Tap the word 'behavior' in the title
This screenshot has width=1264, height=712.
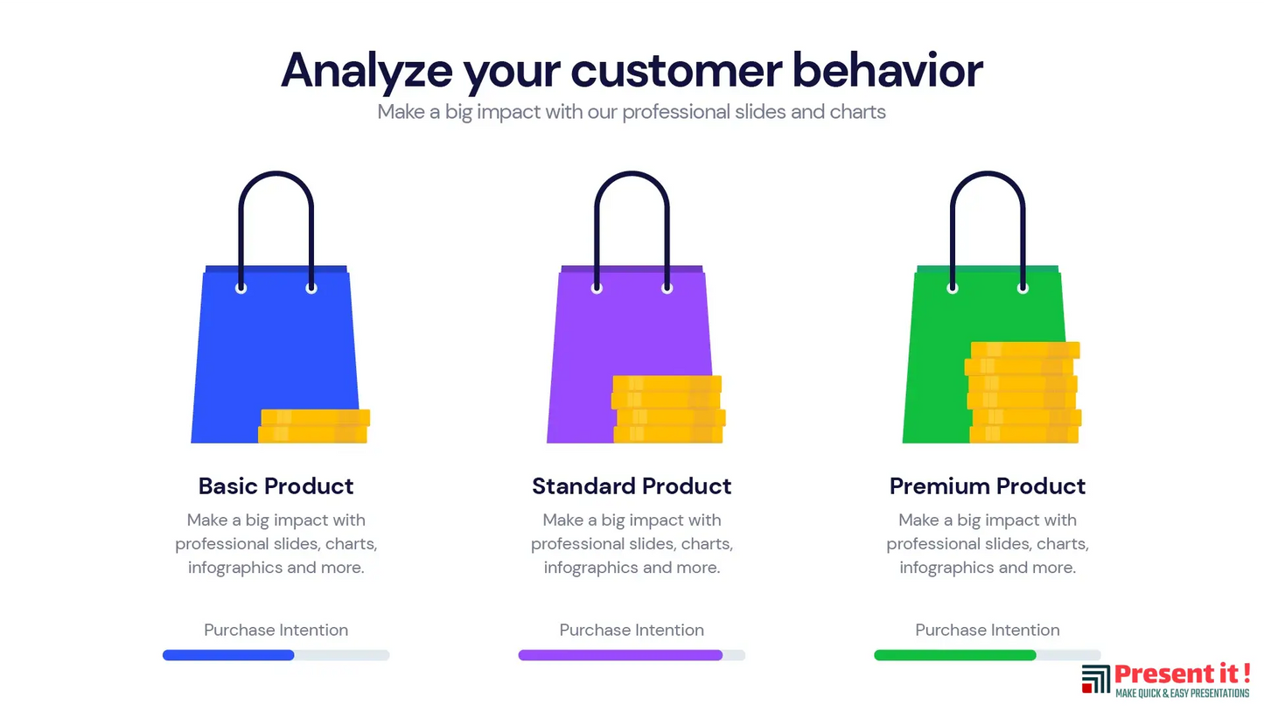tap(888, 70)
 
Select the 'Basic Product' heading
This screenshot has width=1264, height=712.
tap(276, 486)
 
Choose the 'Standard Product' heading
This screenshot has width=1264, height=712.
tap(632, 486)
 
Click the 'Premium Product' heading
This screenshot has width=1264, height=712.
tap(988, 486)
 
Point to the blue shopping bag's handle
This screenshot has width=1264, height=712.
tap(276, 174)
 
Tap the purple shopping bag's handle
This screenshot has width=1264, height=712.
tap(632, 174)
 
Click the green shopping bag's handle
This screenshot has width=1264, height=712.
tap(988, 174)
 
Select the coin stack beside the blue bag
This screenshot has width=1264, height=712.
tap(314, 426)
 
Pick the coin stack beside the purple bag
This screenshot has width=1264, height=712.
tap(668, 409)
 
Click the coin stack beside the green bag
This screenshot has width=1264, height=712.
tap(1023, 392)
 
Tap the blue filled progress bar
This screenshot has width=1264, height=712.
tap(228, 655)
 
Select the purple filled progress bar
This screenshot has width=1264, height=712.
tap(621, 655)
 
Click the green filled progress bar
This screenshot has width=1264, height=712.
tap(955, 655)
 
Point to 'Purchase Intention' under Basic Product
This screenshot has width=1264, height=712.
tap(276, 630)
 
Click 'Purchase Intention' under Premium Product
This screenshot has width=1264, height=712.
tap(988, 630)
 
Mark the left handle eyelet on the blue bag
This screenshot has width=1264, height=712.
tap(241, 289)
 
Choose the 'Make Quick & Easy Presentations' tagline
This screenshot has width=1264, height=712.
tap(1182, 694)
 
